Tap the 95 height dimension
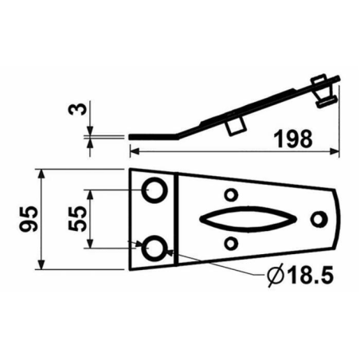click(x=26, y=219)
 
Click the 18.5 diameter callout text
click(x=305, y=276)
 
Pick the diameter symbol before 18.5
click(x=272, y=276)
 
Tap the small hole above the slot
click(x=231, y=194)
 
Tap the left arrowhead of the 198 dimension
click(x=134, y=149)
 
